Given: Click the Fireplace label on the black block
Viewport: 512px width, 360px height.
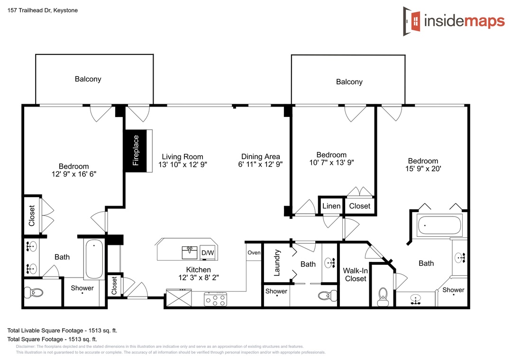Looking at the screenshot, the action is [136, 151].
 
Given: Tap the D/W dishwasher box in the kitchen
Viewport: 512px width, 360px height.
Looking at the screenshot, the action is [208, 252].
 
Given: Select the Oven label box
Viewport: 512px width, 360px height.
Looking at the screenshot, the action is [254, 252].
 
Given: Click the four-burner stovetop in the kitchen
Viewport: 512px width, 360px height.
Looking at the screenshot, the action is [216, 299].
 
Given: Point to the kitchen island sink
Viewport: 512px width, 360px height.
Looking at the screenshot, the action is [190, 252].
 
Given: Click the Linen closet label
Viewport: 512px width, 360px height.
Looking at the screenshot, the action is [331, 206].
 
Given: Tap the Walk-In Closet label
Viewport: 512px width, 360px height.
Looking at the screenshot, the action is [355, 274].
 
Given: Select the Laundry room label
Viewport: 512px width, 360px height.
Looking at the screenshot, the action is [277, 263].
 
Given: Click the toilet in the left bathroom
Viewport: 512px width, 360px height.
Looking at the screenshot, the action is [34, 292].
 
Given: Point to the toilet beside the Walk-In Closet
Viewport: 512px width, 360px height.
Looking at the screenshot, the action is [383, 297].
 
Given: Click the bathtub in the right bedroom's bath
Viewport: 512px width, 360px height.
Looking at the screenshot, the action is [439, 225].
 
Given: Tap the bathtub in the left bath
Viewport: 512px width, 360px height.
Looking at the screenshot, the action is [94, 259].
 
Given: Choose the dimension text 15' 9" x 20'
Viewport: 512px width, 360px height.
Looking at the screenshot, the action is [423, 169].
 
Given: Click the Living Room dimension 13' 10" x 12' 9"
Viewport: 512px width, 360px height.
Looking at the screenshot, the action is [183, 164].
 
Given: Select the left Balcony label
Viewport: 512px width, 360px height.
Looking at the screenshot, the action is [88, 79].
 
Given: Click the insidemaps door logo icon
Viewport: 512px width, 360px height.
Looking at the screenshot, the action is [412, 21].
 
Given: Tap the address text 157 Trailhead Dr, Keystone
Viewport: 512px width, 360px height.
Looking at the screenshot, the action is [43, 10].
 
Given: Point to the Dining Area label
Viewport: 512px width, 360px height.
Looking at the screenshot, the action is [261, 157].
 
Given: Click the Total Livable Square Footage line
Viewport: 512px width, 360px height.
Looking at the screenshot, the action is [62, 330].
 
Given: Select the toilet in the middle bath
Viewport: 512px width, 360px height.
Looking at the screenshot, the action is [328, 296].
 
